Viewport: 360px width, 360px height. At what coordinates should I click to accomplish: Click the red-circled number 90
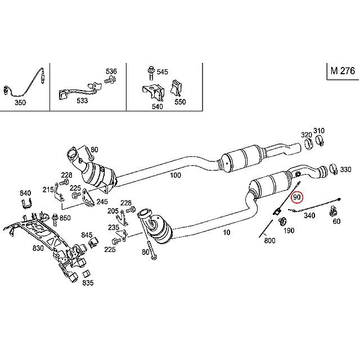[297, 197]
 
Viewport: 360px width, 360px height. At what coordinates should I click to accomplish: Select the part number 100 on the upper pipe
[175, 175]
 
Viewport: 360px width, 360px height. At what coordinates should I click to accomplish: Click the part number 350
[20, 103]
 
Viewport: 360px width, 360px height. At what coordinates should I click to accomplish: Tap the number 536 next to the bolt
[111, 71]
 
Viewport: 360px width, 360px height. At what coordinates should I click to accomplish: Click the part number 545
[162, 71]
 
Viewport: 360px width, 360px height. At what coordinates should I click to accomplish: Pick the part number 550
[180, 103]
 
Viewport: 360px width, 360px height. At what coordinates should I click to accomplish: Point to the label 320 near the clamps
[306, 135]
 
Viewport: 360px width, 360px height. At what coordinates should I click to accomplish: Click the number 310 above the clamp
[319, 130]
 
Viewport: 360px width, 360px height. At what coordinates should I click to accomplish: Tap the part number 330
[345, 169]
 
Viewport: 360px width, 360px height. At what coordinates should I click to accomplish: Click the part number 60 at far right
[336, 221]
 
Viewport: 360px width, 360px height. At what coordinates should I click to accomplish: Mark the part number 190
[289, 231]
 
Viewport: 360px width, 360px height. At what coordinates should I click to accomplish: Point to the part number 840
[25, 193]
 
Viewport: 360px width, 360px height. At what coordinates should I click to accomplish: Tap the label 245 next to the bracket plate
[102, 202]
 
